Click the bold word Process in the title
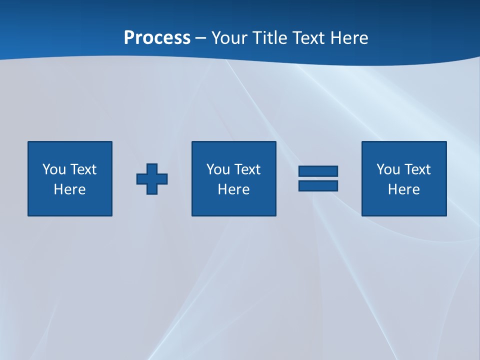157,38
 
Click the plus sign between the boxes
152,179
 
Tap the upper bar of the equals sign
318,171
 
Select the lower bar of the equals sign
318,186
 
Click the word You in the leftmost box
54,169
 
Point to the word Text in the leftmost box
83,169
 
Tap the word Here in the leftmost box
69,189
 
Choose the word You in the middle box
218,169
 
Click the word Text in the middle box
247,169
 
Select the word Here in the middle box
233,189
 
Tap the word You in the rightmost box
388,169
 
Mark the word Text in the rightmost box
417,169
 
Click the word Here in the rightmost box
403,189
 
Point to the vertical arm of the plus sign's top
152,168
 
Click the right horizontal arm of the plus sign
163,179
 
